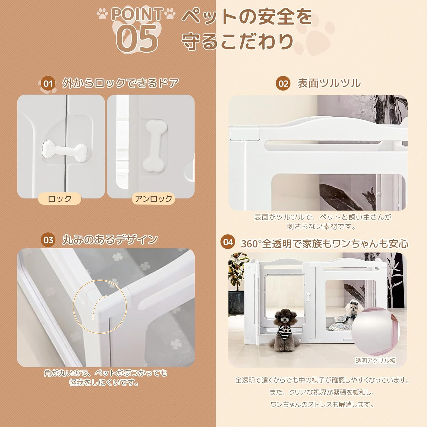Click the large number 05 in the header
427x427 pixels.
[x=137, y=38]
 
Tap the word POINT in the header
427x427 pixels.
[x=137, y=14]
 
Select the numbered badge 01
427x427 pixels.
[x=48, y=84]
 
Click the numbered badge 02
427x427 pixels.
[x=283, y=83]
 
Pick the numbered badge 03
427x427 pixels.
[x=48, y=240]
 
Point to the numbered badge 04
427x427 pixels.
[x=228, y=242]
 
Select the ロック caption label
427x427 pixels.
[x=59, y=198]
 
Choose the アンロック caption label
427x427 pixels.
[x=153, y=198]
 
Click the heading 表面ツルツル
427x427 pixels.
[x=329, y=83]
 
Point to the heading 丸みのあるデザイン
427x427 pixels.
[x=110, y=240]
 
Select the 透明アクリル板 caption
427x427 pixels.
[x=375, y=361]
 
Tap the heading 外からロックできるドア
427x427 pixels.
[x=120, y=83]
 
